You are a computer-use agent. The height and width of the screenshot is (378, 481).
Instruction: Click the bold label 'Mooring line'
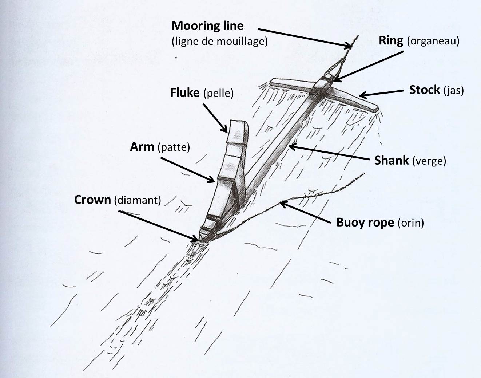point(207,26)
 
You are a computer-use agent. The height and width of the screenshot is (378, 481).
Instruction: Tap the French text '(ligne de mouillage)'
point(220,41)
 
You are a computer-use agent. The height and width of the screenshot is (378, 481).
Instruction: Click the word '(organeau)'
point(433,41)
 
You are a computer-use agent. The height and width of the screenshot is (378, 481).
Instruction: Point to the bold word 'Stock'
point(425,90)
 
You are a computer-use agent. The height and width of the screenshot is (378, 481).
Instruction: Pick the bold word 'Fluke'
point(185,92)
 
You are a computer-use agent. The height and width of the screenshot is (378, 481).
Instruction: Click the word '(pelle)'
point(218,93)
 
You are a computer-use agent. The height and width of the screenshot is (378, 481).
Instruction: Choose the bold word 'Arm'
point(142,147)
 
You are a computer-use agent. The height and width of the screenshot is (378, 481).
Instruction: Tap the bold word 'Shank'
point(391,160)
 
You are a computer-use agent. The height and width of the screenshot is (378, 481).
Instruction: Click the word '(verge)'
point(429,161)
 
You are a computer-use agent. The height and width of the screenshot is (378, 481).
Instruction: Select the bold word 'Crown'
point(92,200)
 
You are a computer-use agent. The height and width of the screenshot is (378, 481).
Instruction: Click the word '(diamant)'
point(138,200)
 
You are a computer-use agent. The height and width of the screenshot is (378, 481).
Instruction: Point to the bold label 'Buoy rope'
point(365,223)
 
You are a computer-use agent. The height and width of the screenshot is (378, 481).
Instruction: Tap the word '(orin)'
point(411,223)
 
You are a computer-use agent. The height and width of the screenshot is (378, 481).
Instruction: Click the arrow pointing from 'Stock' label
point(381,94)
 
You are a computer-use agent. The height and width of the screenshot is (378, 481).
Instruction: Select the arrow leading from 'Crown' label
point(158,226)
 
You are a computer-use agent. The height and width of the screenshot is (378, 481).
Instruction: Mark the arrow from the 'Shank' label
point(329,152)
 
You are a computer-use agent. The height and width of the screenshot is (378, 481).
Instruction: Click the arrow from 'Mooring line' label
point(305,38)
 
